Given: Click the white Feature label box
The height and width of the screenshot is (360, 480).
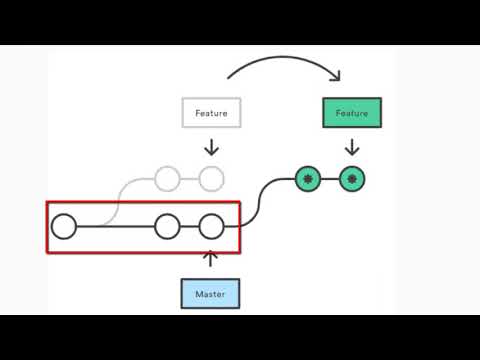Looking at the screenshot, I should click(x=211, y=113).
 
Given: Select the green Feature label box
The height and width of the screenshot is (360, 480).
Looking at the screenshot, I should click(x=352, y=113).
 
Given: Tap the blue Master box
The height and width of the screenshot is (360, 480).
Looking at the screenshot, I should click(x=210, y=294).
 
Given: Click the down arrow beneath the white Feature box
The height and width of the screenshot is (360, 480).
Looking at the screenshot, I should click(x=211, y=146).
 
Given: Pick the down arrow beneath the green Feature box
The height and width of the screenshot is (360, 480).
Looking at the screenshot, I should click(x=352, y=146).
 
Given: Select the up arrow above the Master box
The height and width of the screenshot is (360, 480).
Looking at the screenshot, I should click(x=210, y=260).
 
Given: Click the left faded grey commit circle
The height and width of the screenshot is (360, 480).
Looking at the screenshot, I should click(x=167, y=180).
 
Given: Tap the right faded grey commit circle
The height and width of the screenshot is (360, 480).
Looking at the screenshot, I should click(x=210, y=180).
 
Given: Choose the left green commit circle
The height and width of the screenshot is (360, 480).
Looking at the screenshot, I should click(x=309, y=180).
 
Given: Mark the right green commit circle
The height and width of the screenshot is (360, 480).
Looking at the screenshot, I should click(x=352, y=180).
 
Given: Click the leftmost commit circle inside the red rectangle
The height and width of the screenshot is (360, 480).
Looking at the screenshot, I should click(x=64, y=227).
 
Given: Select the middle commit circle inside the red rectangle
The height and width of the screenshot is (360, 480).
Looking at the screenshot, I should click(x=167, y=227).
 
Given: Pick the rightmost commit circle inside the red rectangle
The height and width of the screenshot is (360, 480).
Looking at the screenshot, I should click(x=210, y=227).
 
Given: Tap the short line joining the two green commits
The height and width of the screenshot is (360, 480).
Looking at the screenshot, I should click(x=330, y=180).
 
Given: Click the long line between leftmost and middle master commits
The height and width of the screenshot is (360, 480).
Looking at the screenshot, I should click(x=115, y=227).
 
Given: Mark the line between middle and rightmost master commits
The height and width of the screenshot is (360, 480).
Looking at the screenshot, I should click(x=188, y=227).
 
